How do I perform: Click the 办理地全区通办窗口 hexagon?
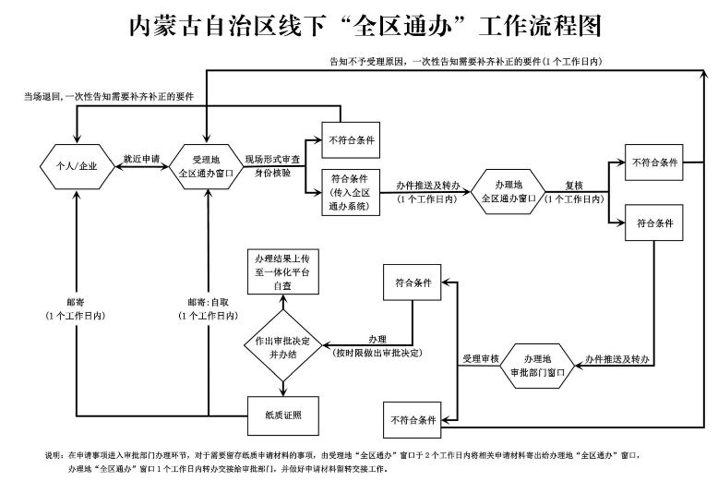pyautogui.click(x=509, y=192)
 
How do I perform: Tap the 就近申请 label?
pyautogui.click(x=135, y=159)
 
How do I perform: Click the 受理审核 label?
pyautogui.click(x=479, y=357)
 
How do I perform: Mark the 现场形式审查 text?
pyautogui.click(x=273, y=159)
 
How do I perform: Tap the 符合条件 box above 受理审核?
pyautogui.click(x=412, y=283)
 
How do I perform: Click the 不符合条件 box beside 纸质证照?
pyautogui.click(x=412, y=420)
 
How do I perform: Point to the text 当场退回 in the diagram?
pyautogui.click(x=42, y=95)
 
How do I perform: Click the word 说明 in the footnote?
pyautogui.click(x=53, y=456)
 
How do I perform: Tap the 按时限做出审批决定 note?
pyautogui.click(x=377, y=354)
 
